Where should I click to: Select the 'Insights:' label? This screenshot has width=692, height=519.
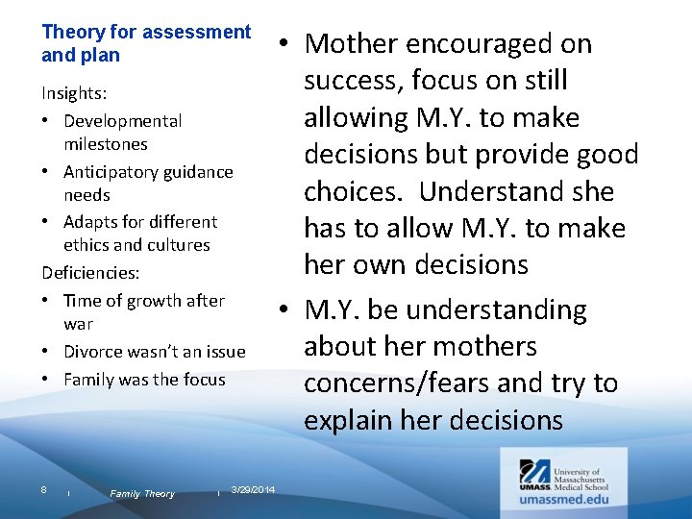(73, 94)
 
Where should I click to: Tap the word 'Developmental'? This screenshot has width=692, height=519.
(122, 121)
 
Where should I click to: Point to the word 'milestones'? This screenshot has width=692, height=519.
(105, 144)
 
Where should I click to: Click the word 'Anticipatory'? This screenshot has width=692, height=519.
(112, 172)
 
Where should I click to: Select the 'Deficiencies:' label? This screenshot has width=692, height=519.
(89, 273)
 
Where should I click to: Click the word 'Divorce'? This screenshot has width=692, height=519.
(92, 352)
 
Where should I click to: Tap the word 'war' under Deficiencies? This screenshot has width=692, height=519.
(78, 324)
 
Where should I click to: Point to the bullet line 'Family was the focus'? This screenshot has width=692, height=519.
(143, 380)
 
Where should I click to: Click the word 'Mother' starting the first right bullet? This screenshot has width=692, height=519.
(351, 44)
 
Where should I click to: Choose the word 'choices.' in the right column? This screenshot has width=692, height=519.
(357, 191)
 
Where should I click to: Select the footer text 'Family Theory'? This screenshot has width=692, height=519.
(142, 494)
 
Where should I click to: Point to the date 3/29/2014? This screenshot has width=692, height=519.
(253, 491)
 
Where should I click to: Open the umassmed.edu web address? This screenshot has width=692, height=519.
(561, 499)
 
